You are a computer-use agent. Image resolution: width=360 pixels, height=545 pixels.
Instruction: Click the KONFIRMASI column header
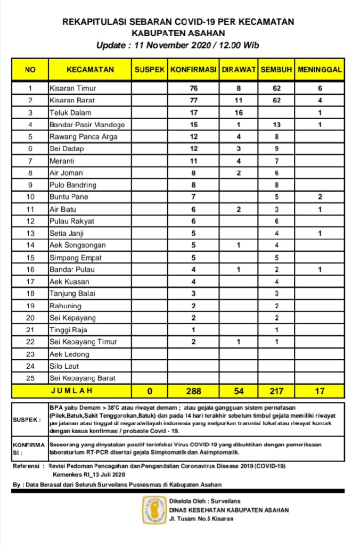pyautogui.click(x=193, y=70)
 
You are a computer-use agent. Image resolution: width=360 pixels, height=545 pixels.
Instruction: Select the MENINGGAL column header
pyautogui.click(x=320, y=70)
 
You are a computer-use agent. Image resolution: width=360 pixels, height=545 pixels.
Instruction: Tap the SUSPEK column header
pyautogui.click(x=150, y=70)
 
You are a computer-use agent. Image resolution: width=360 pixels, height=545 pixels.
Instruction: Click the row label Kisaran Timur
pyautogui.click(x=72, y=88)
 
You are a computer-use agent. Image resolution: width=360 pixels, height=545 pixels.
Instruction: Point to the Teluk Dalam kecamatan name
pyautogui.click(x=70, y=112)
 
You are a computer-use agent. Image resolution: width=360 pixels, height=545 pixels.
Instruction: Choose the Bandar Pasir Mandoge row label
pyautogui.click(x=87, y=125)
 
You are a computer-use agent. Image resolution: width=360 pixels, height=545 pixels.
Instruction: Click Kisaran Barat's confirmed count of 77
pyautogui.click(x=193, y=100)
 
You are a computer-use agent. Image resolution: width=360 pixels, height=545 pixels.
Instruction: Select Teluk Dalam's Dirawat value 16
pyautogui.click(x=239, y=112)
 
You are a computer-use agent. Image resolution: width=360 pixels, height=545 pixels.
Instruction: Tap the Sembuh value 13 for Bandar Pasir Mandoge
pyautogui.click(x=277, y=125)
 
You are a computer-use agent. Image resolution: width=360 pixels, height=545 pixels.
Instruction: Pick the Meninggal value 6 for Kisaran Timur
pyautogui.click(x=320, y=88)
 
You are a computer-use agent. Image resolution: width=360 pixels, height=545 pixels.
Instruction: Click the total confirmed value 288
pyautogui.click(x=193, y=391)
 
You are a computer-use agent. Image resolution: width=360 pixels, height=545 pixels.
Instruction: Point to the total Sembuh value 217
pyautogui.click(x=277, y=391)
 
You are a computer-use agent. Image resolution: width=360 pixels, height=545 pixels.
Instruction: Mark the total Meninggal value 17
pyautogui.click(x=320, y=391)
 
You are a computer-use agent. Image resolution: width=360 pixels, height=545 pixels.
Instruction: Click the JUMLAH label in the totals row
pyautogui.click(x=71, y=391)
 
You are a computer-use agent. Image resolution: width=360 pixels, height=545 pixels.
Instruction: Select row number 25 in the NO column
pyautogui.click(x=30, y=378)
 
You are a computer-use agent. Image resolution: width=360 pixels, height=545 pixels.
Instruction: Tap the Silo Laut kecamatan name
pyautogui.click(x=64, y=366)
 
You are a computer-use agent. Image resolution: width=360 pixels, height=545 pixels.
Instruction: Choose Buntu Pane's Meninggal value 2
pyautogui.click(x=320, y=197)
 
